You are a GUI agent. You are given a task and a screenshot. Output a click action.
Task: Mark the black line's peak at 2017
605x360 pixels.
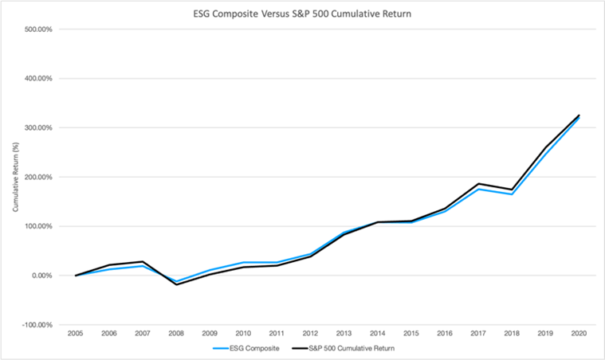pos(477,184)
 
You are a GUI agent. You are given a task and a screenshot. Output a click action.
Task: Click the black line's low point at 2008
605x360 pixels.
pos(176,284)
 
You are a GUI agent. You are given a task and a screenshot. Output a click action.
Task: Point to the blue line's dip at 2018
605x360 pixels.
pos(511,194)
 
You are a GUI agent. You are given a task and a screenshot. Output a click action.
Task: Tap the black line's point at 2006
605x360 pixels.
pos(109,265)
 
